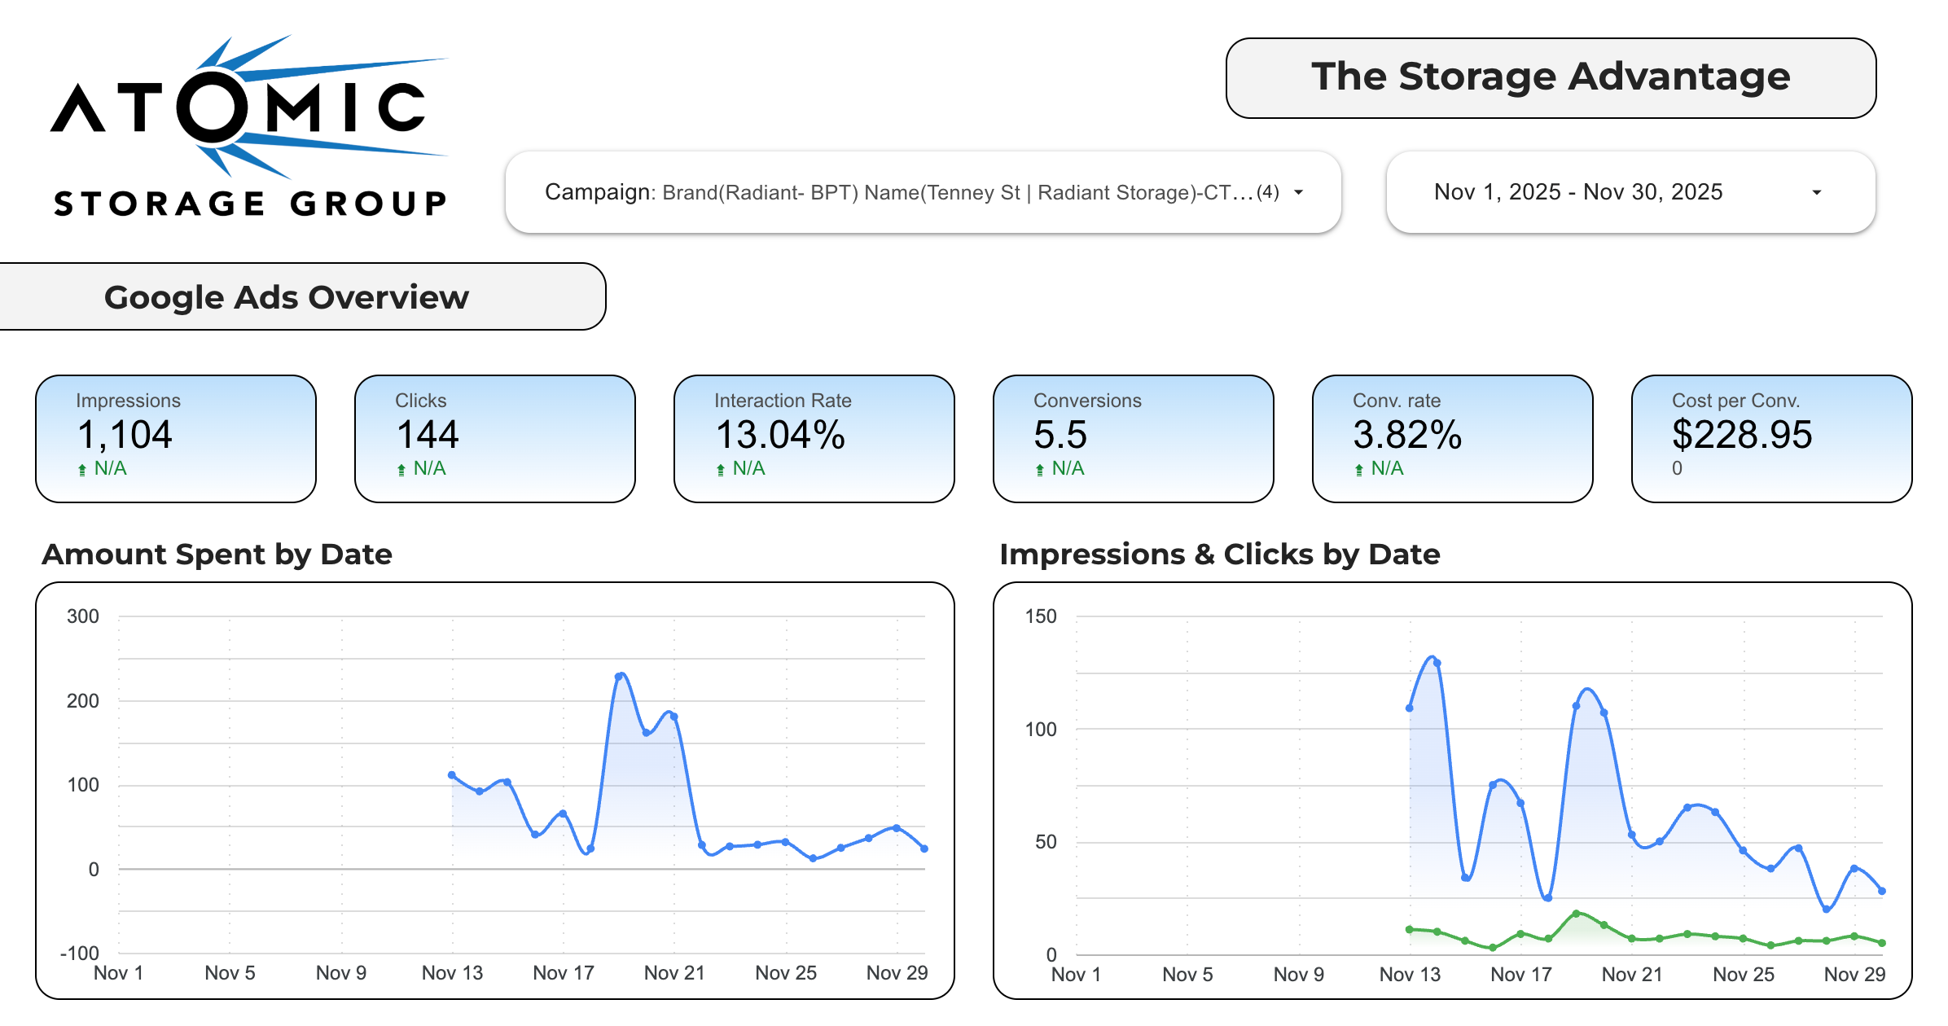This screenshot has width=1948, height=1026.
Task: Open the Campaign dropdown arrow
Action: point(1299,193)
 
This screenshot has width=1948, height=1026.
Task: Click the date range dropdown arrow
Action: point(1816,193)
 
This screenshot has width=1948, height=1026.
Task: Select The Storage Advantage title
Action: point(1551,77)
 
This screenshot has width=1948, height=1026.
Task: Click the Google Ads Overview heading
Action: point(287,297)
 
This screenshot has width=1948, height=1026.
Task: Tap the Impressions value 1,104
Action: point(125,435)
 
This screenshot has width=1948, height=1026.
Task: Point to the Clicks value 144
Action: point(428,435)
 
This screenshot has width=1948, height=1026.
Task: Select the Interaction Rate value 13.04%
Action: point(780,435)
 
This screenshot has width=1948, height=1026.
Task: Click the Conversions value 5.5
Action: point(1060,435)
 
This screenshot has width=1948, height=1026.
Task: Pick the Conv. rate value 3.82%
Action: point(1407,435)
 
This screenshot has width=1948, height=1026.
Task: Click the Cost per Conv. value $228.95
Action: point(1742,435)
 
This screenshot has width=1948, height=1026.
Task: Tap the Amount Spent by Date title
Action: point(217,555)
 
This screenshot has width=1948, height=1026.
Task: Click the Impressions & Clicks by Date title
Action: point(1220,555)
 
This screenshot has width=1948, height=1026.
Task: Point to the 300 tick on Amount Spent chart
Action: point(83,616)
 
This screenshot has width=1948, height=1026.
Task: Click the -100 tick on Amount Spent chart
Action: point(80,953)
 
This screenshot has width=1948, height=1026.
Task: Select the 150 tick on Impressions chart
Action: point(1041,616)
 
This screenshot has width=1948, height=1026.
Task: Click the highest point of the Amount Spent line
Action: point(621,676)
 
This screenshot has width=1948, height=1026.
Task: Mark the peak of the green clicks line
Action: point(1577,914)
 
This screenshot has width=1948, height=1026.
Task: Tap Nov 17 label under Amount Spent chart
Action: point(564,973)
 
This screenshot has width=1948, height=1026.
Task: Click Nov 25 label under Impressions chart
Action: point(1744,975)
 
